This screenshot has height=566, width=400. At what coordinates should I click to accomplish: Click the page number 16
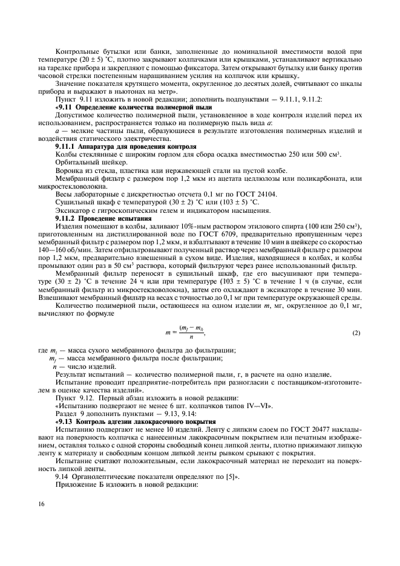[x=41, y=504]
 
